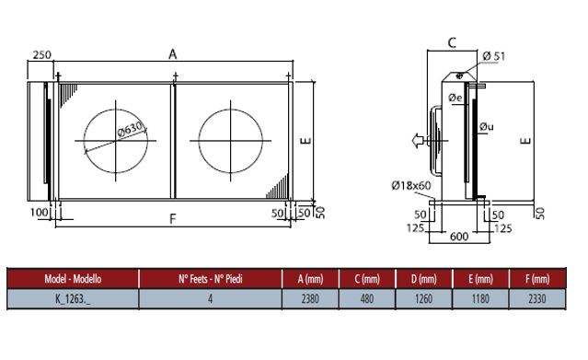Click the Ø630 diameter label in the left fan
130,129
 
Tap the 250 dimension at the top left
41,55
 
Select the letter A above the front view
172,54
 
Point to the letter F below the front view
173,218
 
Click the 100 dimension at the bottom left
39,213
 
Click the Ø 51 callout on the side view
494,56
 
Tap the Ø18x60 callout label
411,185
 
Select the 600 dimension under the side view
459,237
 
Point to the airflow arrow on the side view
418,141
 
